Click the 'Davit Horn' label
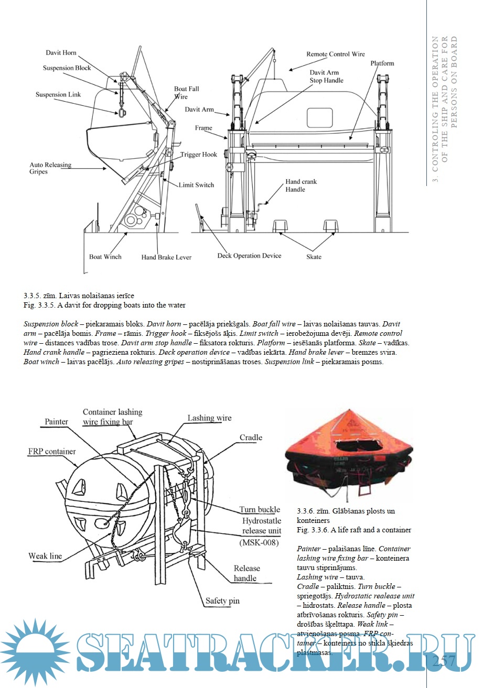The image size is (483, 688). pos(61,53)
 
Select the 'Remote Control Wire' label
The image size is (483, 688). pos(336,54)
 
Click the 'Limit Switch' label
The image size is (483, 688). pos(196,185)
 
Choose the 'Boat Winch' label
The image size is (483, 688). pos(105,256)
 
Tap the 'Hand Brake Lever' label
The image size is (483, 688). pos(166,257)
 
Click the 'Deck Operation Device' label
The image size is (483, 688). pos(249,256)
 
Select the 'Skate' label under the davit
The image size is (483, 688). pos(314,257)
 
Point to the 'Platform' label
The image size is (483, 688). pos(382,63)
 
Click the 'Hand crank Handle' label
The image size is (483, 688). pos(301,185)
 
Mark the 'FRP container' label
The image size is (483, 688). pos(52,451)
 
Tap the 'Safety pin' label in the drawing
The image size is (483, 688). pos(222,600)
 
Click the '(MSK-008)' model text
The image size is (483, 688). pos(259,543)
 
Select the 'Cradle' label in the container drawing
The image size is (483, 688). pos(251,438)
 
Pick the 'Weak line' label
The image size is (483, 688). pos(45,556)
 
